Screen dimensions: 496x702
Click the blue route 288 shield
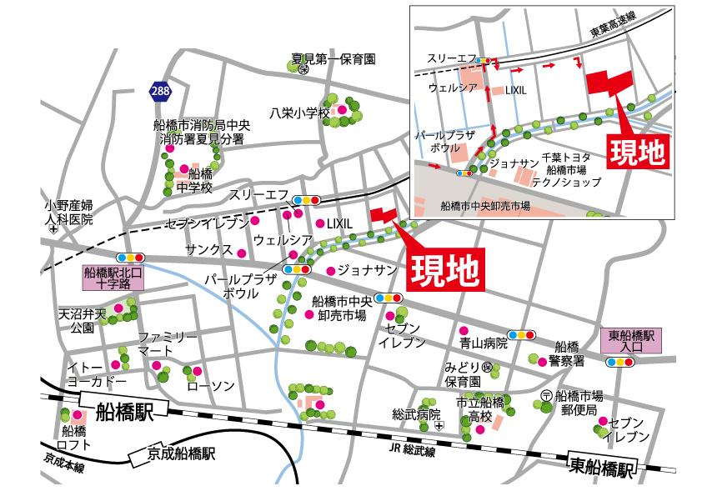[x=163, y=90]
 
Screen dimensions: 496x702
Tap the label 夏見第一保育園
[x=333, y=59]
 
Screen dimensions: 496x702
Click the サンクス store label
[x=208, y=250]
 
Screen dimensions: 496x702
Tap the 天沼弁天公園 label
[x=83, y=322]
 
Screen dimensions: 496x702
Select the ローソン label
[x=210, y=386]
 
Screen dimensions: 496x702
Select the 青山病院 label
[x=483, y=343]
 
